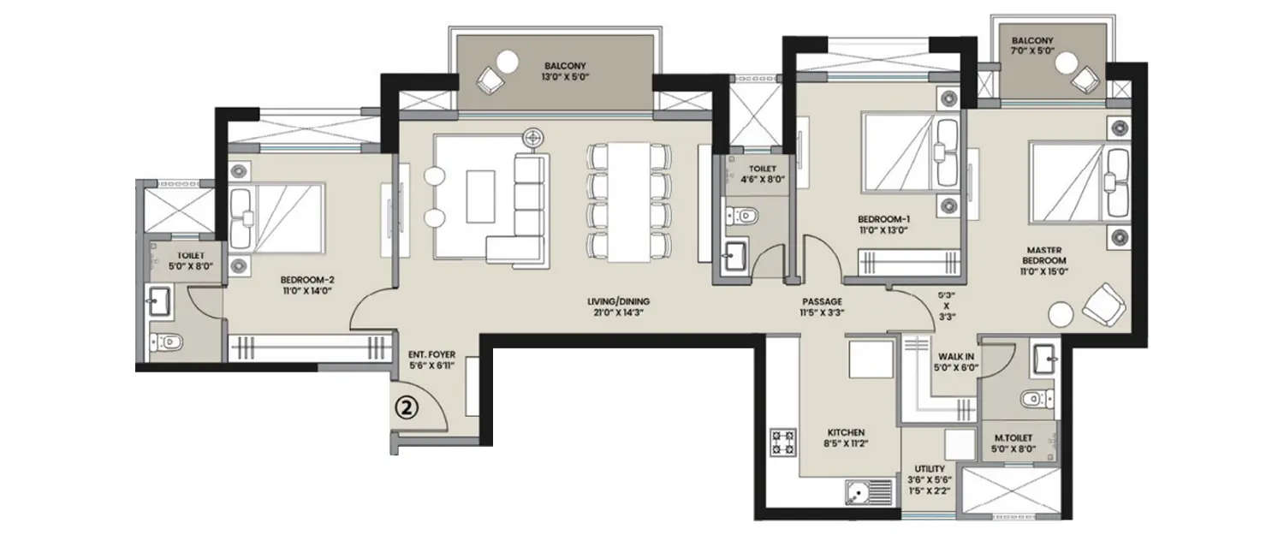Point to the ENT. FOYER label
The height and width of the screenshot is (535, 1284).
coord(433,354)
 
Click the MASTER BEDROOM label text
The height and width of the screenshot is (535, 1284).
coord(1042,255)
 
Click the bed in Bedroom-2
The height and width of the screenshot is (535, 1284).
coord(278,218)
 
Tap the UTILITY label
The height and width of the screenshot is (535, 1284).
coord(929,469)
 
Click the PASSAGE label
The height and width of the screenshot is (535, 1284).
coord(823,301)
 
